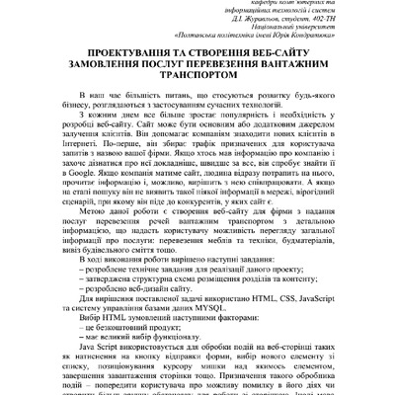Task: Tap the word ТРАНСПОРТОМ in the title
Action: tap(197, 100)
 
